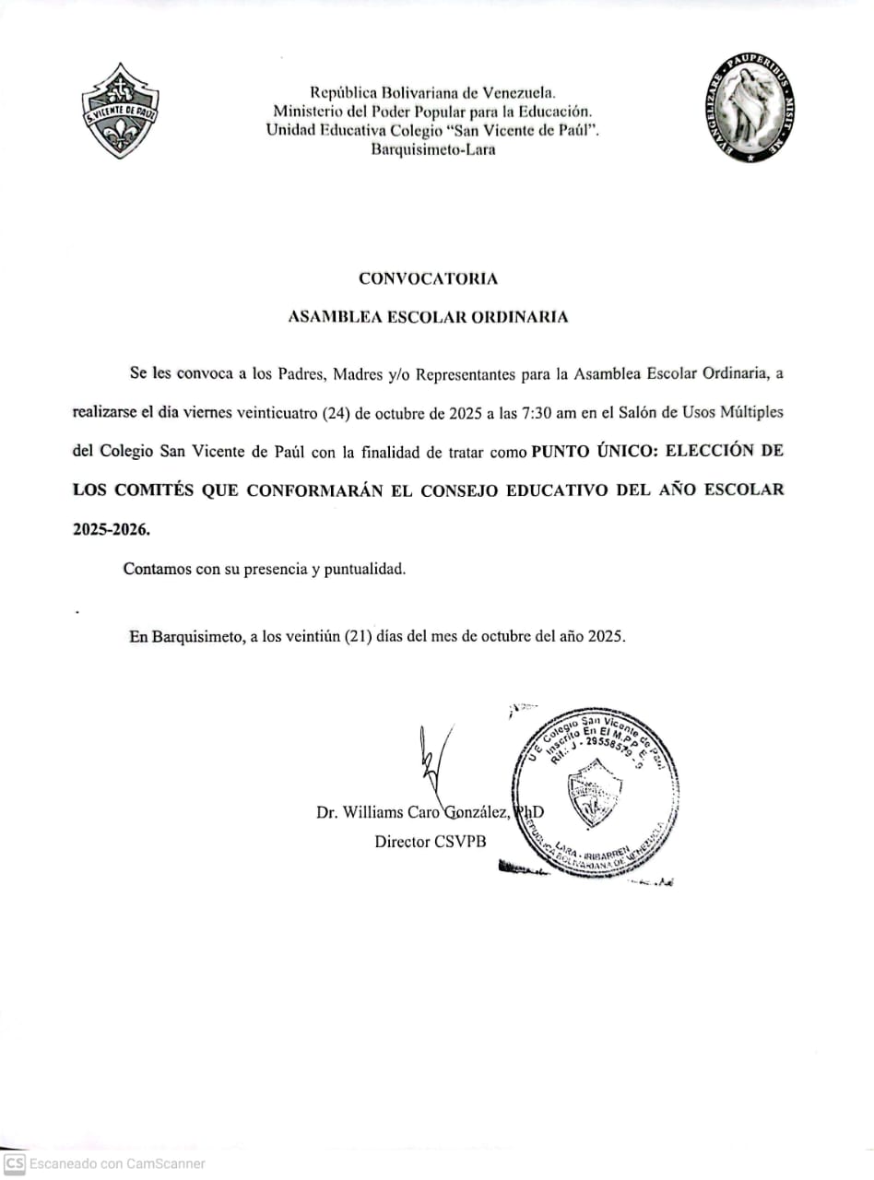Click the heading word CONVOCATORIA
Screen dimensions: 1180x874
[x=428, y=277]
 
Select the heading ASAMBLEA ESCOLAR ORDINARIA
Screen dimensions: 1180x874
[x=428, y=316]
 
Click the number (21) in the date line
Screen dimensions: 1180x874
[x=357, y=636]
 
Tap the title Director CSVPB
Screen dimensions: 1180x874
[x=430, y=841]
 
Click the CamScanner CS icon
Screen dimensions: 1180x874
[x=14, y=1163]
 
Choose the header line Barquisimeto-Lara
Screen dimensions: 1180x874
[x=432, y=149]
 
